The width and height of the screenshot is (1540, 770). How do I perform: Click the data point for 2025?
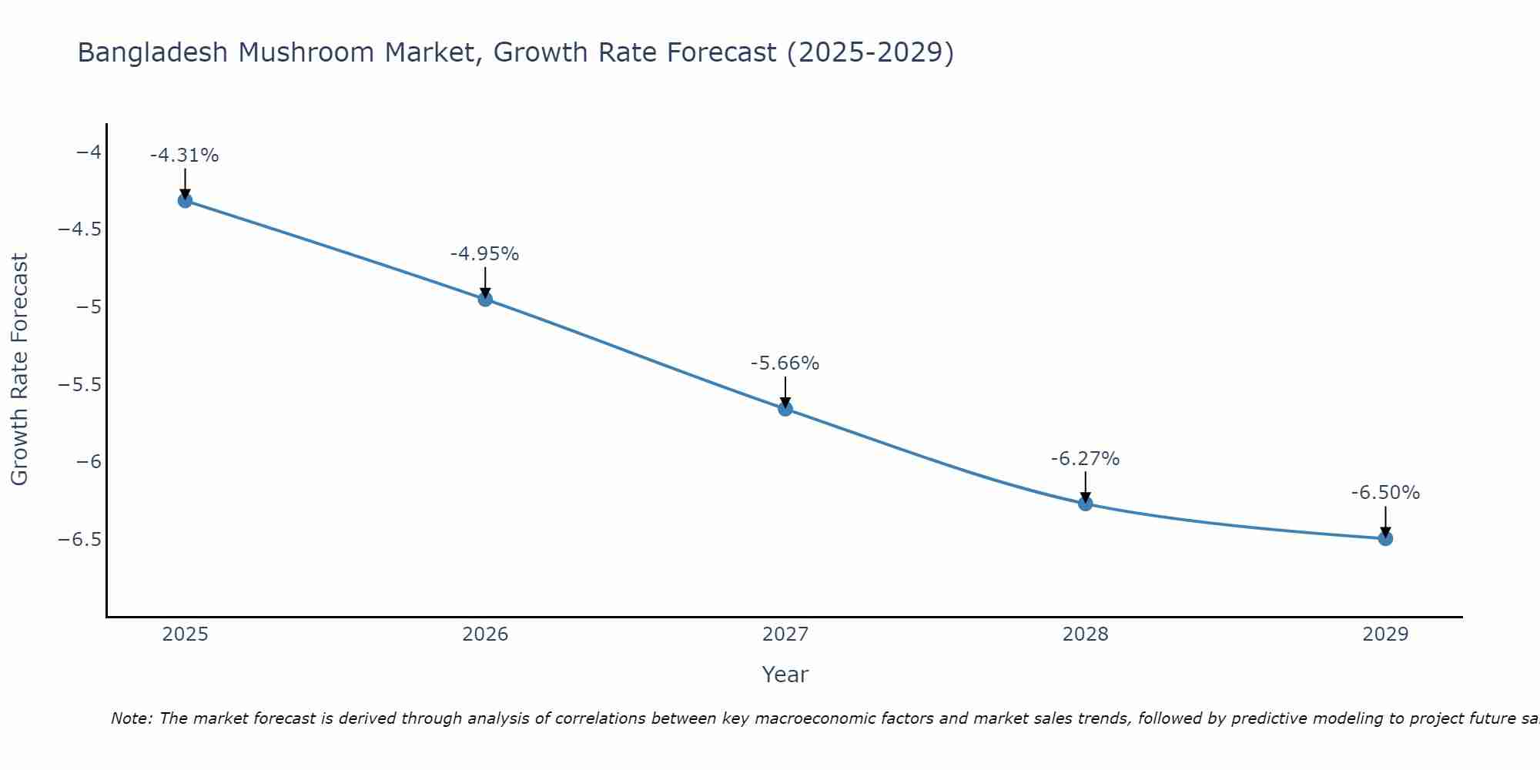click(185, 201)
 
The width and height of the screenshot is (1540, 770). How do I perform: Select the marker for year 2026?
click(485, 299)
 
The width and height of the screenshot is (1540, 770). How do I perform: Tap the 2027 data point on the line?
click(785, 409)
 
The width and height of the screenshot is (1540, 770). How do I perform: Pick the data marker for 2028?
click(1086, 504)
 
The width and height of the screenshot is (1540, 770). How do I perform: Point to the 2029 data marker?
click(1385, 539)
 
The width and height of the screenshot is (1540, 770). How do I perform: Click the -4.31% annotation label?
click(185, 156)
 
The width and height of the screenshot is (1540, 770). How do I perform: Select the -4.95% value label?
click(485, 254)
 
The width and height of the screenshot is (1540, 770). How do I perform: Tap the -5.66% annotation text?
click(785, 363)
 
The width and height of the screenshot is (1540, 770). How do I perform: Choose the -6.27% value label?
click(1086, 459)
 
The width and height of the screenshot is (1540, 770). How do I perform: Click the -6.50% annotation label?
click(1385, 493)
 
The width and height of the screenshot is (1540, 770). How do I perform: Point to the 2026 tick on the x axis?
click(485, 634)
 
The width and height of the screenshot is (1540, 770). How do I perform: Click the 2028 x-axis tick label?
click(1086, 634)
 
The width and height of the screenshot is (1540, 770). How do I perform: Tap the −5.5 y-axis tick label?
click(80, 384)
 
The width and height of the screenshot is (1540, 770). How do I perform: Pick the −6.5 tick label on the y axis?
click(80, 539)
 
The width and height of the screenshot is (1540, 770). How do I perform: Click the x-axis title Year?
click(785, 675)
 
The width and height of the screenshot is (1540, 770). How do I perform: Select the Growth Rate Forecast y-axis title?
click(20, 370)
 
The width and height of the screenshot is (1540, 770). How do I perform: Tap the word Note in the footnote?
click(132, 719)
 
